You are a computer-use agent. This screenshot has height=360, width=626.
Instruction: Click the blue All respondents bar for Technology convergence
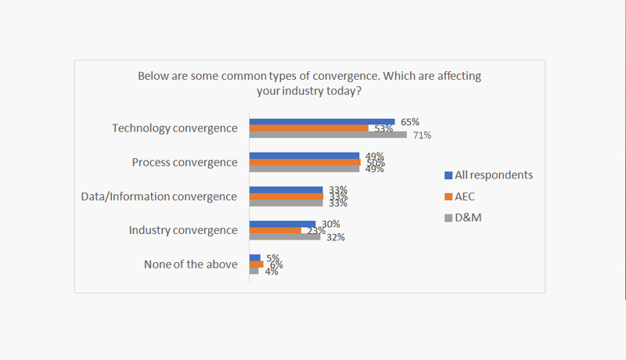tap(322, 121)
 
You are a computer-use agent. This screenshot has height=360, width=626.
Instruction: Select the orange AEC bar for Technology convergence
tap(308, 128)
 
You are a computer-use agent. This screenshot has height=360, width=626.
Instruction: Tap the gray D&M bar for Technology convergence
tap(328, 135)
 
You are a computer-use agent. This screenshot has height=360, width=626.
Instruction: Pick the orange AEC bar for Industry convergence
tap(275, 230)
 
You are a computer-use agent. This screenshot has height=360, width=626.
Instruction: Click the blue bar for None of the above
tap(254, 257)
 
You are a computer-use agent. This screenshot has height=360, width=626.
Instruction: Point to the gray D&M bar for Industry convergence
tap(284, 236)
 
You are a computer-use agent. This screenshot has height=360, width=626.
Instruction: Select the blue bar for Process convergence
tap(304, 156)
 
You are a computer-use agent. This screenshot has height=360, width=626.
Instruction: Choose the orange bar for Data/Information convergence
tap(286, 196)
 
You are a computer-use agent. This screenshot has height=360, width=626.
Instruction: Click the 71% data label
tap(423, 135)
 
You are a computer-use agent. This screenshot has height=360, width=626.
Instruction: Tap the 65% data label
tap(410, 122)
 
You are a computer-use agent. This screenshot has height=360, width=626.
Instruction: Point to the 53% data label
tap(383, 128)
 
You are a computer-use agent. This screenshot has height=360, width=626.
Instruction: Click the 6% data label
tap(275, 265)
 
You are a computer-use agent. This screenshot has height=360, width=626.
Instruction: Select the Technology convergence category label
tap(174, 128)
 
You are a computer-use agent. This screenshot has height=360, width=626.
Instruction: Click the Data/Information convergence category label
tap(159, 196)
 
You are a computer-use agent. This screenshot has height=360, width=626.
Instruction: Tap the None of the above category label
tap(190, 265)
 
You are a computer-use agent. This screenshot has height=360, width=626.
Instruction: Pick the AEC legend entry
tap(468, 196)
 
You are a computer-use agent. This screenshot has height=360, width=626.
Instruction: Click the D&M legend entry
tap(469, 218)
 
